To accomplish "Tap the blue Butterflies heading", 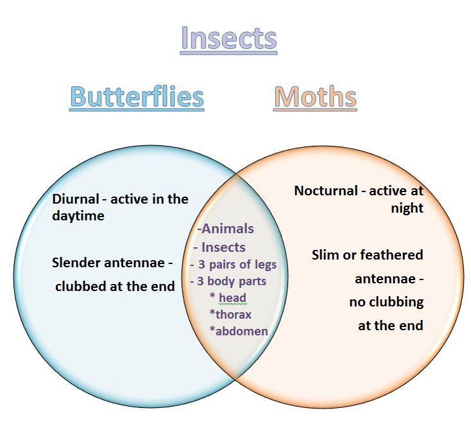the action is pyautogui.click(x=137, y=96).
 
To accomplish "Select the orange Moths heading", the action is pyautogui.click(x=315, y=96).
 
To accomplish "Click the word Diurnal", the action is pyautogui.click(x=75, y=199).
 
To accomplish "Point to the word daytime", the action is pyautogui.click(x=78, y=216).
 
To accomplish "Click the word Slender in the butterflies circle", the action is pyautogui.click(x=77, y=263).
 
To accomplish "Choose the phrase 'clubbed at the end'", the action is pyautogui.click(x=115, y=286).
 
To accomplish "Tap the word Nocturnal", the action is pyautogui.click(x=326, y=191).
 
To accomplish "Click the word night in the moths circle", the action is pyautogui.click(x=407, y=208).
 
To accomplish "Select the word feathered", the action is pyautogui.click(x=391, y=254).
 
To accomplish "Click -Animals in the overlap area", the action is pyautogui.click(x=226, y=229).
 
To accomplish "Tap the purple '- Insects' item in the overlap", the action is pyautogui.click(x=219, y=247).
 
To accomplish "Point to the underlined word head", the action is pyautogui.click(x=232, y=297).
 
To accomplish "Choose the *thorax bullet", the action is pyautogui.click(x=230, y=315).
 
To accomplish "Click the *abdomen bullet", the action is pyautogui.click(x=239, y=331).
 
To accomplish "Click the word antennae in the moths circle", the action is pyautogui.click(x=386, y=279).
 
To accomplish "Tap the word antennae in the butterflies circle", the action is pyautogui.click(x=135, y=263).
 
